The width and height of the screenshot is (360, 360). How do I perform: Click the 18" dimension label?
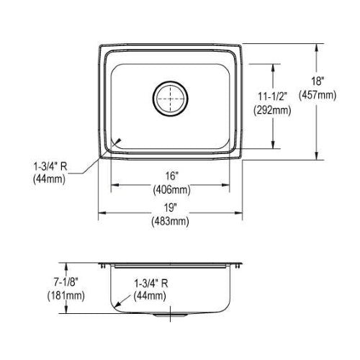click(318, 81)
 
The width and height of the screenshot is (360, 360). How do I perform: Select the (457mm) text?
click(318, 95)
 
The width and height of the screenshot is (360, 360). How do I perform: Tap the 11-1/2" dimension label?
click(272, 96)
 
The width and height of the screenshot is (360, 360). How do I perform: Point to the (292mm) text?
click(272, 110)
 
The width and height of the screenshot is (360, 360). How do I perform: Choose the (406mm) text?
click(172, 190)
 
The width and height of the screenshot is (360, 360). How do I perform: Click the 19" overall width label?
click(171, 207)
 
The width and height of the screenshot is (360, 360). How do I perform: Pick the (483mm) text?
click(170, 221)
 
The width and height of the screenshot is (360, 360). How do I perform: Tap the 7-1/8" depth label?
click(66, 282)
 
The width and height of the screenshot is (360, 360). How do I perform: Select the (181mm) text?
click(66, 295)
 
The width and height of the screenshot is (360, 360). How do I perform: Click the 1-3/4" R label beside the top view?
click(50, 166)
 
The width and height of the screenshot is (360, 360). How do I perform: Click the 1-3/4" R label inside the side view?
click(150, 284)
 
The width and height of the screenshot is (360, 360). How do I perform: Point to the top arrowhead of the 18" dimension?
click(317, 47)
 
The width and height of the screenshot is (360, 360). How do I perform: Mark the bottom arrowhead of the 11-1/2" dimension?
click(273, 145)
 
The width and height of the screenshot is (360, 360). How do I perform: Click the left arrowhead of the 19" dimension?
click(102, 213)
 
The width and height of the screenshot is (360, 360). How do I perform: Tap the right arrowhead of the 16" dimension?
click(226, 185)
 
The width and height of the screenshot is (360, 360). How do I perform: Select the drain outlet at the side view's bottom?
click(170, 315)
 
